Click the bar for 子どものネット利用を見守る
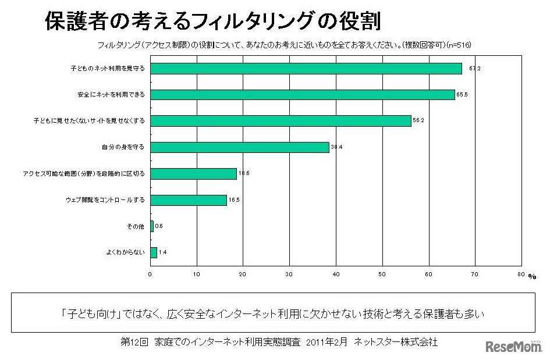point(306,69)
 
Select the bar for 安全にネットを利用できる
point(303,95)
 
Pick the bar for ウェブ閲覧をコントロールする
point(189,200)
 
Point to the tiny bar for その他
point(152,226)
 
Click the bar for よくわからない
point(154,252)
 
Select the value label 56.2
point(418,122)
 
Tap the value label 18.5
point(243,174)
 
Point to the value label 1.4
point(163,253)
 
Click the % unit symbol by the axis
point(532,277)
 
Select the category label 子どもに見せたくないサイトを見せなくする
point(88,121)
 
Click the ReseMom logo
point(513,346)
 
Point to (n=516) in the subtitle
point(459,45)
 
